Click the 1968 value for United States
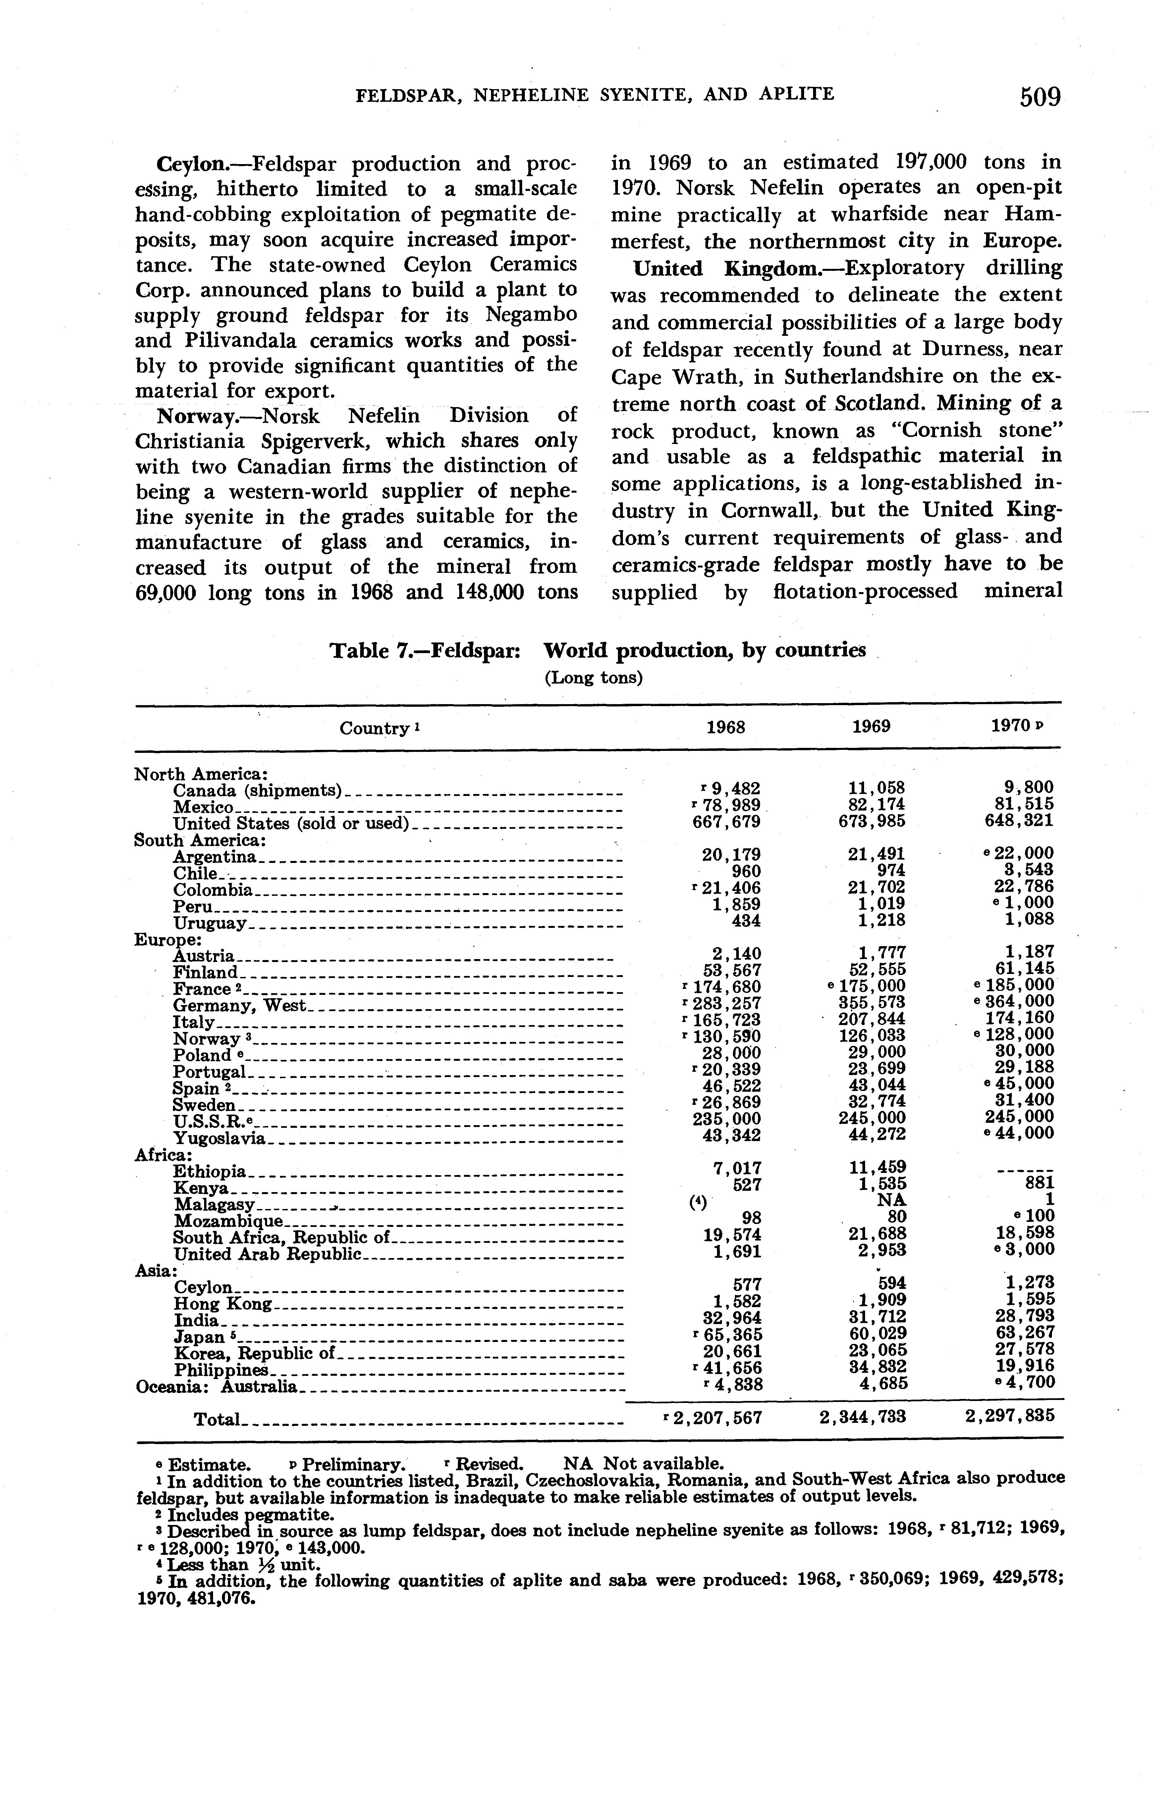727,821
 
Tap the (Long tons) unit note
593,678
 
